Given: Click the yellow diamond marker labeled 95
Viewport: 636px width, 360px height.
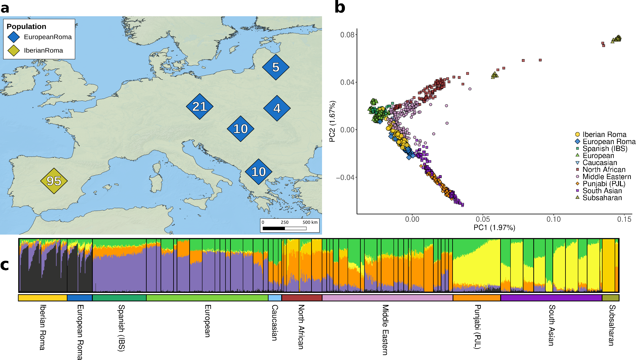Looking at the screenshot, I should pos(54,181).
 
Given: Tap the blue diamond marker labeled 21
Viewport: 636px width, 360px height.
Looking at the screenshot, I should pos(200,107).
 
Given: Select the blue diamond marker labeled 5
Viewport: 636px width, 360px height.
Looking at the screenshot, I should pos(276,67).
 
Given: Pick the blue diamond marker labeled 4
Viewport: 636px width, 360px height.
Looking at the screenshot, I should pos(277,108).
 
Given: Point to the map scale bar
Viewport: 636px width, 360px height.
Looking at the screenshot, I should pos(284,228).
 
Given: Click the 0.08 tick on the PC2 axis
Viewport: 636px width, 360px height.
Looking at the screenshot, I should pos(347,35).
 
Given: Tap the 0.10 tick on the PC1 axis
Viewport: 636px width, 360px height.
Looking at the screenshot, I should pos(553,219).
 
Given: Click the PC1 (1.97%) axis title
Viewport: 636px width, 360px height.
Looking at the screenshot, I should pos(494,228).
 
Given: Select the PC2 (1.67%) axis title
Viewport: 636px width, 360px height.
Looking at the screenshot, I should pos(333,121).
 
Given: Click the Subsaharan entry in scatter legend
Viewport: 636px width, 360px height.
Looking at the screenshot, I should pos(602,198).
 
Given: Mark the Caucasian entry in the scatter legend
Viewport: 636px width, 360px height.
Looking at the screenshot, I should pos(599,163).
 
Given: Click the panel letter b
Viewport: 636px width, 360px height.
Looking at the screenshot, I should pos(340,7).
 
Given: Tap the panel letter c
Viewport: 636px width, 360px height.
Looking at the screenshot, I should pos(5,265).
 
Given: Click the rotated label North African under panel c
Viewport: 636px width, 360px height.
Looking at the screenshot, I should pos(301,327).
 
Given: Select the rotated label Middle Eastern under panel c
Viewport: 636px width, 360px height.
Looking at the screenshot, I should pos(385,330).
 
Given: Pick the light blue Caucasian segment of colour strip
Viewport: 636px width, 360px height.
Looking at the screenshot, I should pos(275,298).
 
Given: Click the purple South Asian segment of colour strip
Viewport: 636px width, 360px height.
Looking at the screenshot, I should pos(551,298).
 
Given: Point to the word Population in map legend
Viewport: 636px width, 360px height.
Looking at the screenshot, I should pos(26,27).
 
